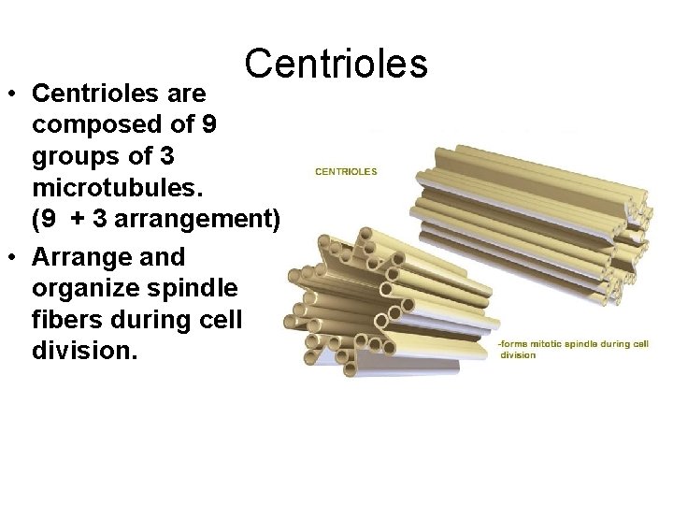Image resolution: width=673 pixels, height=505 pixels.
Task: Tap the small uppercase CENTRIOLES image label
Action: tap(346, 171)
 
